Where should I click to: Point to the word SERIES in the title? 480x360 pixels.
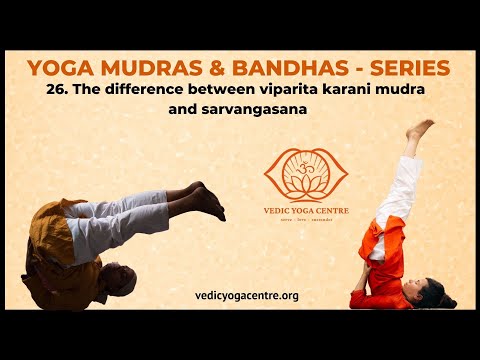(407, 69)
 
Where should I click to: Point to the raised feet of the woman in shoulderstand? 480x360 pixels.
(420, 130)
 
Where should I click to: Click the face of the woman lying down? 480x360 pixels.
(428, 293)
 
